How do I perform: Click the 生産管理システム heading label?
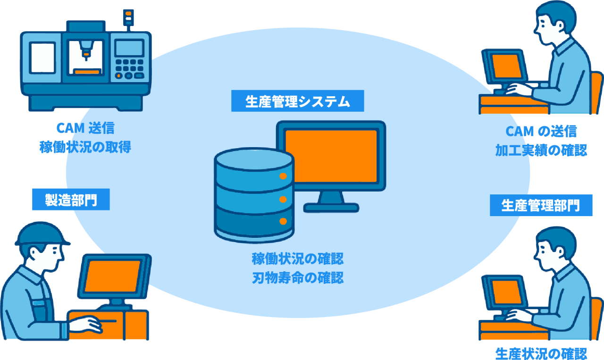[297, 101]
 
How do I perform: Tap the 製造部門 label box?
[71, 200]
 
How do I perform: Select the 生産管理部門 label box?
[541, 205]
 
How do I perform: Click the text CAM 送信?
[85, 128]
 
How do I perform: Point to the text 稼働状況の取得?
[85, 147]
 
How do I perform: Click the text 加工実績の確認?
[541, 150]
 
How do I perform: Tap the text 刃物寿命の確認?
[297, 277]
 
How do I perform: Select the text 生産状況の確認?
[541, 353]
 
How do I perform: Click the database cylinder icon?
[254, 193]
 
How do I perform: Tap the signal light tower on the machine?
[127, 18]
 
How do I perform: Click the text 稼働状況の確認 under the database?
[297, 259]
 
